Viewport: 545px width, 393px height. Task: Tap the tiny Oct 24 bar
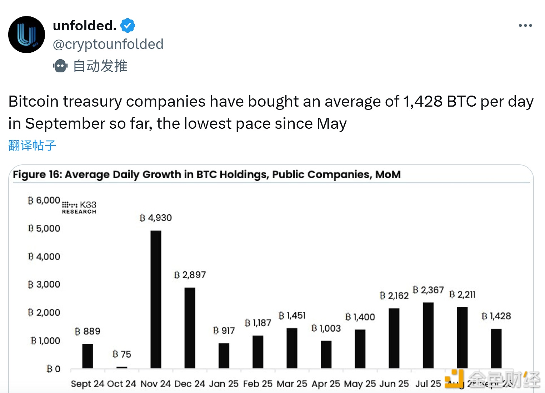[x=122, y=367]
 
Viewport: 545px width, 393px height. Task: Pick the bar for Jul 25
[x=428, y=335]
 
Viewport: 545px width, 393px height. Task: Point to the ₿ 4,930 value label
[x=156, y=218]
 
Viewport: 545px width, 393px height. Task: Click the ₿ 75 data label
[x=122, y=354]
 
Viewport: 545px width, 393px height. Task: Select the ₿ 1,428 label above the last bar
[x=496, y=316]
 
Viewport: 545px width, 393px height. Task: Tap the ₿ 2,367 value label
[x=428, y=290]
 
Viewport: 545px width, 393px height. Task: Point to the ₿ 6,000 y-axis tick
[x=44, y=200]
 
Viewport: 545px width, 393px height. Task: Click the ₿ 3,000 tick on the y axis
[x=44, y=285]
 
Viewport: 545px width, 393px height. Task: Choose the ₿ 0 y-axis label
[x=53, y=369]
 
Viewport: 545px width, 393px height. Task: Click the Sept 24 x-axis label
[x=87, y=384]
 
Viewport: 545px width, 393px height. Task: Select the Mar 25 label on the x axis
[x=292, y=384]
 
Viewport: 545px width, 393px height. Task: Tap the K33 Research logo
[x=79, y=207]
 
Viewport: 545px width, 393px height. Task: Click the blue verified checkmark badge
[x=127, y=26]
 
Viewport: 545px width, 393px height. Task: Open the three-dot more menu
[x=525, y=26]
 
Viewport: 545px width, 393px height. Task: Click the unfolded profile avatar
[x=26, y=35]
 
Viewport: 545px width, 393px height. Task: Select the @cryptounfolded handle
[x=108, y=44]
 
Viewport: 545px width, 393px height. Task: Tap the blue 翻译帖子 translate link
[x=32, y=146]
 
